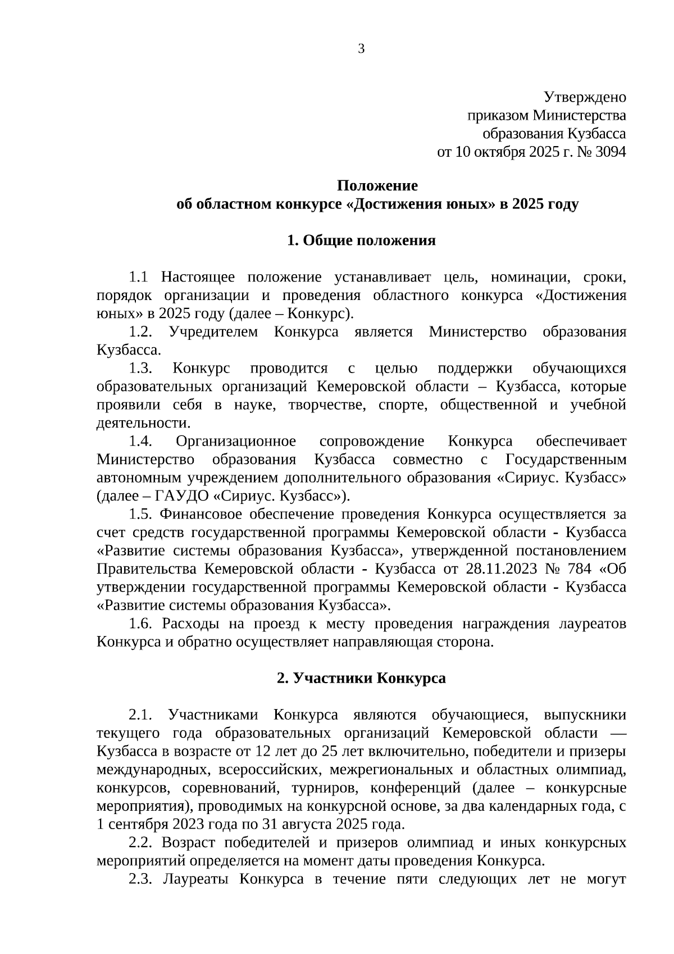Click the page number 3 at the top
tap(361, 49)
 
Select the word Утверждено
tap(585, 97)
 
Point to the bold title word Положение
tap(377, 185)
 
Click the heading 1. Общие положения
tap(361, 240)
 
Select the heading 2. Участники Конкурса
tap(361, 678)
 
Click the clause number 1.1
tap(138, 277)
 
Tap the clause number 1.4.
tap(140, 442)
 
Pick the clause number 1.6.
tap(140, 624)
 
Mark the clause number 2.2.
tap(140, 843)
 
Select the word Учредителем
tap(213, 332)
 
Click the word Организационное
tap(236, 442)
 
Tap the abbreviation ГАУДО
tap(181, 496)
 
